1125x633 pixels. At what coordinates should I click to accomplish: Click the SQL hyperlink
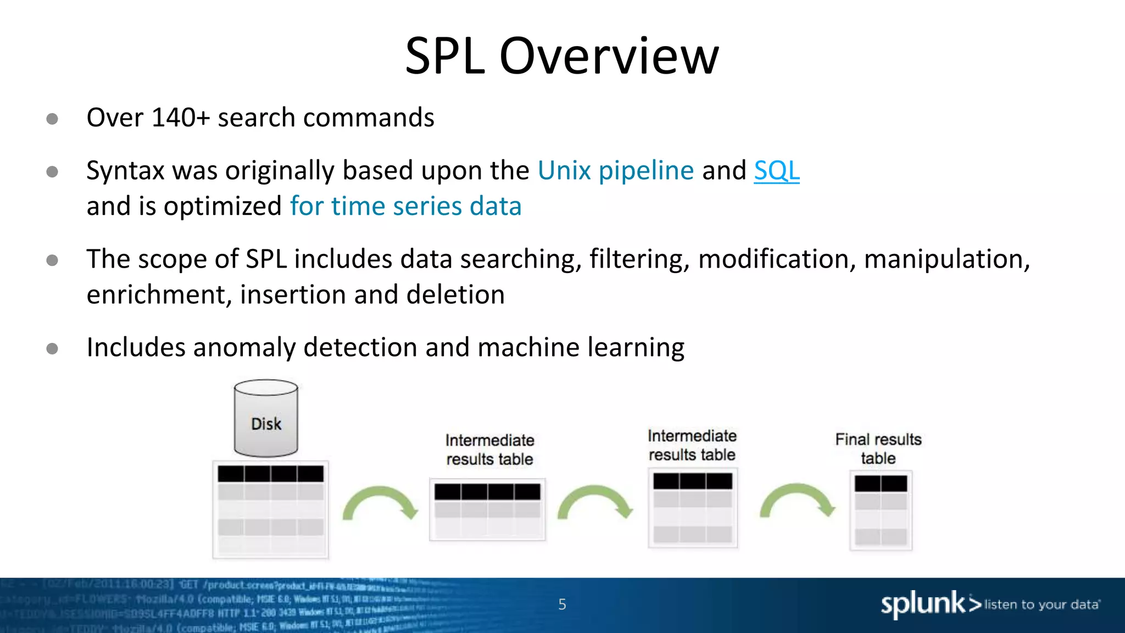(x=776, y=170)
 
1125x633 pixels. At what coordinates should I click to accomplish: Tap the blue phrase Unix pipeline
(x=615, y=170)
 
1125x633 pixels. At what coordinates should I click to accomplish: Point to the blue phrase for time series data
(x=405, y=206)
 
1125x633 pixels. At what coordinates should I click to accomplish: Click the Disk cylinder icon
(x=266, y=419)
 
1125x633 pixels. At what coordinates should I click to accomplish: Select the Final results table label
(x=878, y=448)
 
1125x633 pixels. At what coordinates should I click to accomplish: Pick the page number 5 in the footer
(x=562, y=604)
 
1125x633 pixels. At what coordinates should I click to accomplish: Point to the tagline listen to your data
(x=1042, y=604)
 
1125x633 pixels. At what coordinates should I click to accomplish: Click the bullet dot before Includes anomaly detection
(x=52, y=348)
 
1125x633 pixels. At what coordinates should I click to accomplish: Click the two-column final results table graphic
(x=881, y=510)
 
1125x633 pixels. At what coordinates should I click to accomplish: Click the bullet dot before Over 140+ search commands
(x=52, y=119)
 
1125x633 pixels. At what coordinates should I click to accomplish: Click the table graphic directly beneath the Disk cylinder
(x=270, y=510)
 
